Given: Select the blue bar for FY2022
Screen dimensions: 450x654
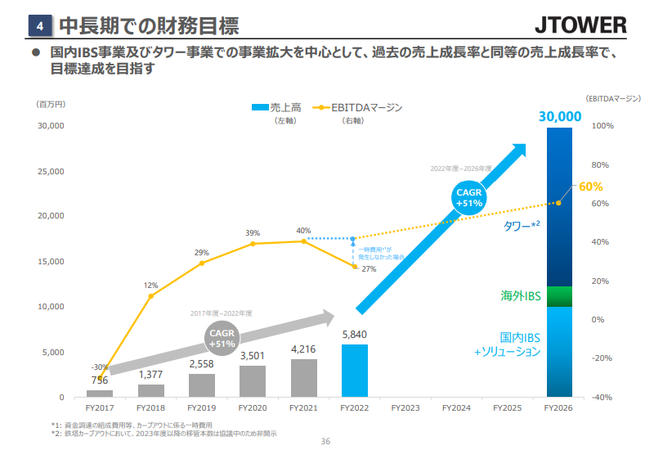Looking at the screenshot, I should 355,371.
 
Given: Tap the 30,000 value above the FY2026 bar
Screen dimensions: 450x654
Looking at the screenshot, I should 559,116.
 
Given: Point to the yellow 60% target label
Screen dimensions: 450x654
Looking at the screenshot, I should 590,187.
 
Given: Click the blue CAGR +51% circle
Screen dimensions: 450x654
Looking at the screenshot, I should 469,197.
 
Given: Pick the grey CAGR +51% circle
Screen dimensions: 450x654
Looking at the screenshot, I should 222,339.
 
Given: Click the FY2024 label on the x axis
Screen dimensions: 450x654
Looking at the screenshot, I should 456,407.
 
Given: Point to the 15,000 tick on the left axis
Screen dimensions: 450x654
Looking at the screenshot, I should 51,262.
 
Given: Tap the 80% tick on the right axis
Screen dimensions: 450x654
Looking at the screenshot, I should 602,164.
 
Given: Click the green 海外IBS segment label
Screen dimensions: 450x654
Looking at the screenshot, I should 521,295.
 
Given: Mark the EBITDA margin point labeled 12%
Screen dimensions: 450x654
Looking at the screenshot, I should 151,295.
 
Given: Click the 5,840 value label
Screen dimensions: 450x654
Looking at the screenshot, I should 355,335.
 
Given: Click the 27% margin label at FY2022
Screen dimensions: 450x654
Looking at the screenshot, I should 369,268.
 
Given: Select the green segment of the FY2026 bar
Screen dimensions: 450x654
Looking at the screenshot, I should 559,296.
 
